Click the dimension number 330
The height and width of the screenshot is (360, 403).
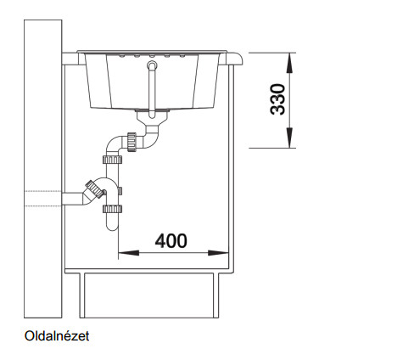[x=277, y=99]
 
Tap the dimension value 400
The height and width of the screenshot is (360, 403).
[x=171, y=241]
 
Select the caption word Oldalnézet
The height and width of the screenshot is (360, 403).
[x=57, y=336]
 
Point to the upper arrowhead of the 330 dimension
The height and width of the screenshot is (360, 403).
[x=289, y=63]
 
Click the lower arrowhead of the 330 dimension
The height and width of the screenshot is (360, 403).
[x=289, y=138]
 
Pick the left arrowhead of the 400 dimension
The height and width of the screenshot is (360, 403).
[x=129, y=252]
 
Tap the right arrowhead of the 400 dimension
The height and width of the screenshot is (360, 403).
[x=218, y=252]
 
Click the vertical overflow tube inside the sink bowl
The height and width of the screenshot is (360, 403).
[x=152, y=89]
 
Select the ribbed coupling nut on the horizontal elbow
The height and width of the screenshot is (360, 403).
[x=132, y=142]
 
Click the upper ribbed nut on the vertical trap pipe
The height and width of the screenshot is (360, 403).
[x=112, y=160]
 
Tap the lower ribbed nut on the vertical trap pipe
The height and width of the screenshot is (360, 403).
[x=112, y=209]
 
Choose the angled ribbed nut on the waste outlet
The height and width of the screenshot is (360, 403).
[x=94, y=188]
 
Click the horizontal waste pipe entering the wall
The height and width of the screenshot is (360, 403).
[x=73, y=199]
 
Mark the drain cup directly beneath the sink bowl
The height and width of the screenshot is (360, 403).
[x=152, y=117]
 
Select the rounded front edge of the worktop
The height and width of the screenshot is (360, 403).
[x=235, y=59]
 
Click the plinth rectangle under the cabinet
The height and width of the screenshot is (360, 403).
[x=149, y=295]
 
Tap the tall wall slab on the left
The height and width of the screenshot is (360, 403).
[x=42, y=169]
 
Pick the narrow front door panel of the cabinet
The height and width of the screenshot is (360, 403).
[x=231, y=169]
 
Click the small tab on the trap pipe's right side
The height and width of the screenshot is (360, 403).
[x=120, y=191]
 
